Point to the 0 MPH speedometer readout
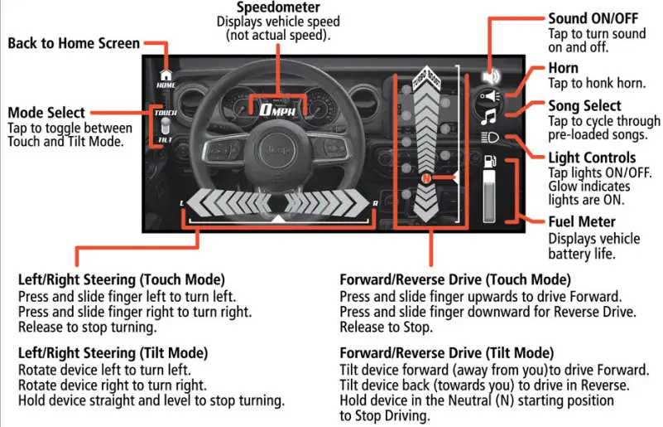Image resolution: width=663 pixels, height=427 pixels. (x=276, y=109)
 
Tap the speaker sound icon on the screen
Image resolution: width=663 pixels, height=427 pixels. (x=489, y=75)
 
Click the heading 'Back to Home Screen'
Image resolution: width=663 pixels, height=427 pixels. (x=74, y=43)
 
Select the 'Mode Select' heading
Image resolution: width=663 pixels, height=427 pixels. (x=46, y=113)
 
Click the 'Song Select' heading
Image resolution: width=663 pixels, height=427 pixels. (x=584, y=106)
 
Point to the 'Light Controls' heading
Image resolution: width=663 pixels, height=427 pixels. (x=592, y=158)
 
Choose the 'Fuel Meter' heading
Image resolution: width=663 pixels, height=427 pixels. (x=582, y=222)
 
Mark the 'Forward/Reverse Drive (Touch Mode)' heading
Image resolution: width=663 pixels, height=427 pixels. (x=455, y=279)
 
